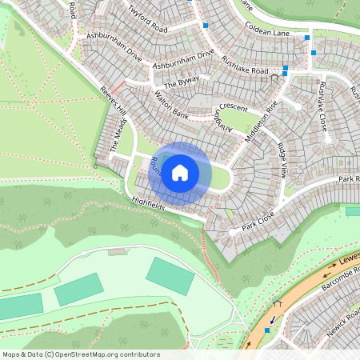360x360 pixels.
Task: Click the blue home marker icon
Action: pyautogui.click(x=180, y=173)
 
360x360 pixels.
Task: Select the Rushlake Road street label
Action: pyautogui.click(x=245, y=69)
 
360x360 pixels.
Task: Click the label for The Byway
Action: pyautogui.click(x=180, y=82)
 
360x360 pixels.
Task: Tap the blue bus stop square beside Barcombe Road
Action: pyautogui.click(x=266, y=330)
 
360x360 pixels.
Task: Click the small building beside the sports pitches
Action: pyautogui.click(x=118, y=251)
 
